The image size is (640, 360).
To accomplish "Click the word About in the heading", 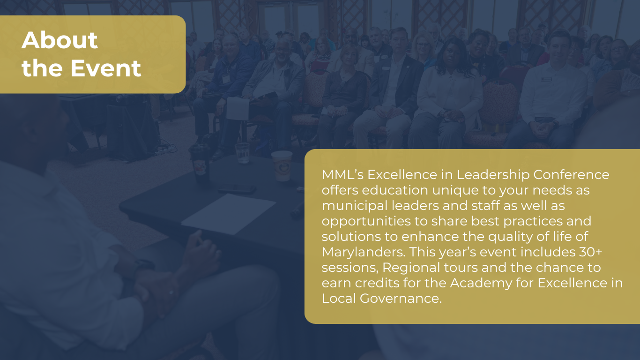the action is pyautogui.click(x=60, y=40).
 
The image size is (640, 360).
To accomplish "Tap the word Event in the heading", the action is pyautogui.click(x=106, y=68).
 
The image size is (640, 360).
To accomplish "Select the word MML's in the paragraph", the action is pyautogui.click(x=342, y=174).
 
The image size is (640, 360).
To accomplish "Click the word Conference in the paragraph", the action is pyautogui.click(x=571, y=174).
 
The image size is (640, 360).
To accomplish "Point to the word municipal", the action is pyautogui.click(x=355, y=206).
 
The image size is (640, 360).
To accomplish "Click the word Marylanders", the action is pyautogui.click(x=364, y=252).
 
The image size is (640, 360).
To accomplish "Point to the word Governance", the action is pyautogui.click(x=401, y=299).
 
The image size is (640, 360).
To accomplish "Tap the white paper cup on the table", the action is pyautogui.click(x=282, y=166).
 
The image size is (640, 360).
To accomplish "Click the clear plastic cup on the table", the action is pyautogui.click(x=242, y=153).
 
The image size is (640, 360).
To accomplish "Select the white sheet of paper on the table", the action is pyautogui.click(x=229, y=214).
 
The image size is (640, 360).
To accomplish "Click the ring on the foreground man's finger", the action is pyautogui.click(x=171, y=292).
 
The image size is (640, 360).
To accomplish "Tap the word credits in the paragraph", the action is pyautogui.click(x=377, y=283).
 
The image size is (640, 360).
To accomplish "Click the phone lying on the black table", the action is pyautogui.click(x=237, y=189).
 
